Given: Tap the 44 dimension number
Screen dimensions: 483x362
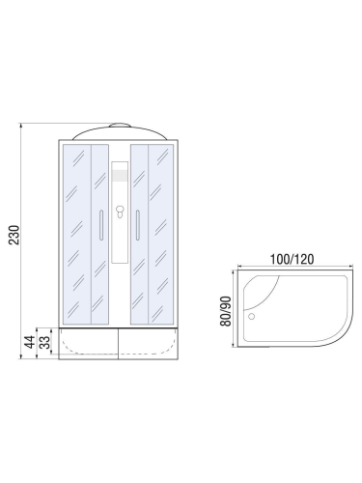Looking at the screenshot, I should coord(29,341).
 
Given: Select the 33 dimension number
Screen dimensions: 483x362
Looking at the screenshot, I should coord(43,345).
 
